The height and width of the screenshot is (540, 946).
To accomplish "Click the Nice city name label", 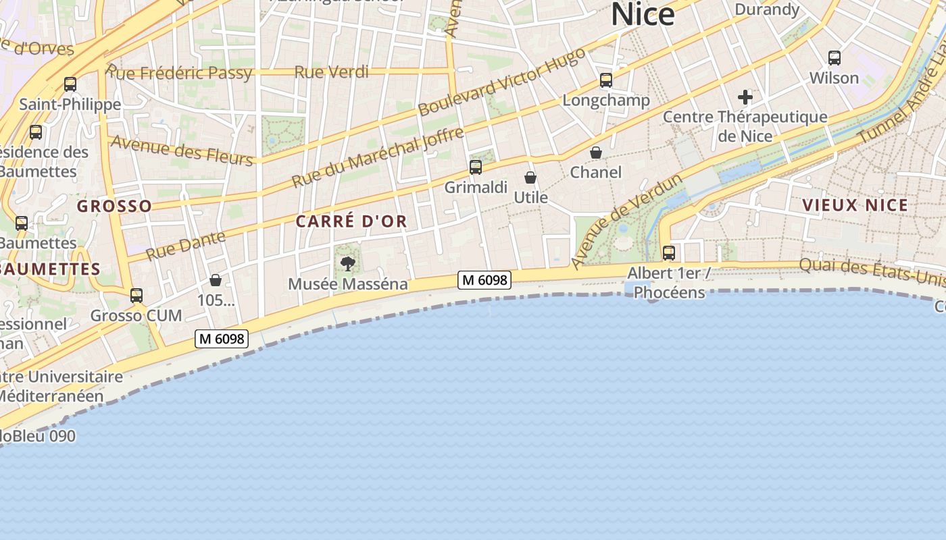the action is pyautogui.click(x=643, y=14).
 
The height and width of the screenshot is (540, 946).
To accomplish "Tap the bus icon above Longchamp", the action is pyautogui.click(x=606, y=80).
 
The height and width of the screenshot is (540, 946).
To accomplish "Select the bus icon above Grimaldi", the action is pyautogui.click(x=476, y=167).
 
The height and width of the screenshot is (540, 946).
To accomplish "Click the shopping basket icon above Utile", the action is pyautogui.click(x=530, y=178).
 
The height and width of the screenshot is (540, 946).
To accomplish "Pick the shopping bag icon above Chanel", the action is pyautogui.click(x=596, y=153).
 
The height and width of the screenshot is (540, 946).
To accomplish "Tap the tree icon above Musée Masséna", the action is pyautogui.click(x=348, y=264).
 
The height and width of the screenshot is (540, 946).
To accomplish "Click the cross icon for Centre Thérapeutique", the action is pyautogui.click(x=745, y=97).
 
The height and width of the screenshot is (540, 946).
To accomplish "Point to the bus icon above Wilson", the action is pyautogui.click(x=835, y=58).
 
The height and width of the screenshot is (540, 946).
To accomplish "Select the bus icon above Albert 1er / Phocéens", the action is pyautogui.click(x=669, y=253).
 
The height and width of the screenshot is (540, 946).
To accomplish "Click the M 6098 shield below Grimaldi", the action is pyautogui.click(x=484, y=279).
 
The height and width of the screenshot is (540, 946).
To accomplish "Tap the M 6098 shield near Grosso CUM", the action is pyautogui.click(x=222, y=339).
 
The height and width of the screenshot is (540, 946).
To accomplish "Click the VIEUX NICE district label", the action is pyautogui.click(x=855, y=205).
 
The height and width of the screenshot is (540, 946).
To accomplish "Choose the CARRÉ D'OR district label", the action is pyautogui.click(x=351, y=221).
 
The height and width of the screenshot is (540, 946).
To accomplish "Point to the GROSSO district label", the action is pyautogui.click(x=114, y=206).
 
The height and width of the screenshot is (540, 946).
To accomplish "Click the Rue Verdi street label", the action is pyautogui.click(x=332, y=72).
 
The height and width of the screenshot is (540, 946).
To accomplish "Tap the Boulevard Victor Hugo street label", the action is pyautogui.click(x=501, y=82).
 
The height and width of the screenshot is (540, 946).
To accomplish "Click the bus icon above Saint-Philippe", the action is pyautogui.click(x=70, y=84).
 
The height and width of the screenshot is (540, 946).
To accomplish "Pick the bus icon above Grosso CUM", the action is pyautogui.click(x=136, y=296).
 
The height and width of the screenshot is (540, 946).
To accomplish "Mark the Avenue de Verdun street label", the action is pyautogui.click(x=626, y=220).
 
